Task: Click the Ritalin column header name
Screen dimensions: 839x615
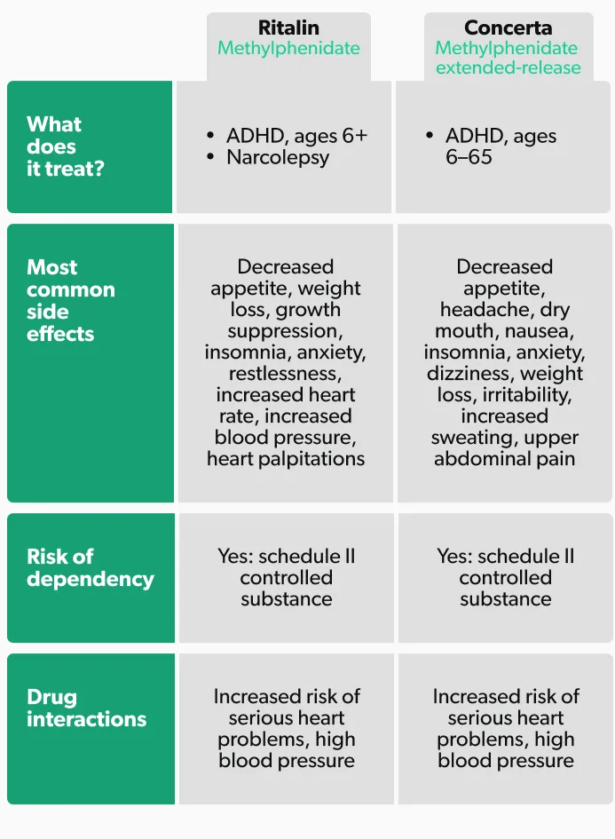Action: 288,28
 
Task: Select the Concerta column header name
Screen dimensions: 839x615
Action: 508,28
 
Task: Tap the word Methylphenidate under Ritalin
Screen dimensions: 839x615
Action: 288,48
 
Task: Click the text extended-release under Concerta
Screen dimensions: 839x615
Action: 509,67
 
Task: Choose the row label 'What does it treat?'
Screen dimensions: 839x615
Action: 65,146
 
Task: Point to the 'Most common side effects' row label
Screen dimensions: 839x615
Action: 71,300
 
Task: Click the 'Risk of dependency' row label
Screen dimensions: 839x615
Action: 90,567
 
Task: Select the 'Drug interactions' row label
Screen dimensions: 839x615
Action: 86,708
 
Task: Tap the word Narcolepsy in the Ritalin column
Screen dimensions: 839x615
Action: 278,157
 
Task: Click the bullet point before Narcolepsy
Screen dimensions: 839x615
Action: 210,157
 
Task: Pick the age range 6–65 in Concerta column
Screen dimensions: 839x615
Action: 469,157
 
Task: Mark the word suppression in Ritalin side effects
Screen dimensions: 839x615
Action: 283,331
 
